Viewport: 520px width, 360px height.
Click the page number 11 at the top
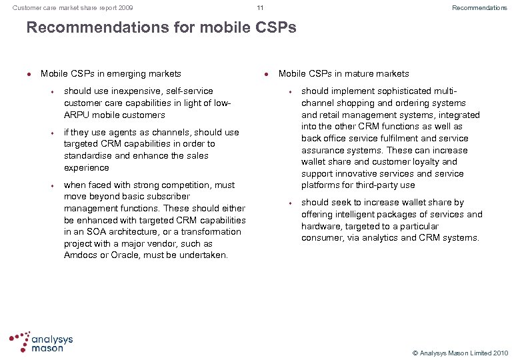260,8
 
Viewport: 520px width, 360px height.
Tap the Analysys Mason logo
41,341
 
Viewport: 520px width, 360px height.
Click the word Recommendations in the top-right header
479,8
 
